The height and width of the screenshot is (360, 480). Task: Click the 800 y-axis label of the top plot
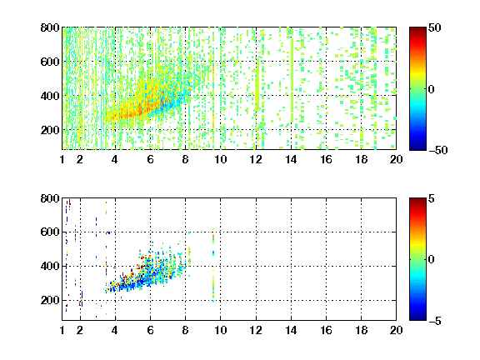click(50, 27)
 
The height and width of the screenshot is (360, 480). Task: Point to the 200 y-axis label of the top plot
click(50, 130)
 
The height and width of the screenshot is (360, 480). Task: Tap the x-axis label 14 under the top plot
click(291, 159)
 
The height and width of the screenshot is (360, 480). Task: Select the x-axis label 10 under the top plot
click(220, 159)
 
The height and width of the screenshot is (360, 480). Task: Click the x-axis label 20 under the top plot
click(396, 159)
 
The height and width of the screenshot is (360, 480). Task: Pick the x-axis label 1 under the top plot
click(62, 159)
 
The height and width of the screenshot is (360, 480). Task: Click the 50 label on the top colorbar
click(435, 27)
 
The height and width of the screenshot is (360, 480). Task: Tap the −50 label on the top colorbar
click(438, 150)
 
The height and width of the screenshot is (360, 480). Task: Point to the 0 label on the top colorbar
click(432, 89)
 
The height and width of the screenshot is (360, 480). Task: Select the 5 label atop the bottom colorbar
click(432, 198)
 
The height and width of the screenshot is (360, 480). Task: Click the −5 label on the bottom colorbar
click(435, 321)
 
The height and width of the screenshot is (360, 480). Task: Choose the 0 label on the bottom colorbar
click(432, 260)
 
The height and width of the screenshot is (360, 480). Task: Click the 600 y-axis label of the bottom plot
click(50, 232)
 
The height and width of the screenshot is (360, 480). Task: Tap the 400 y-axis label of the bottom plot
click(50, 266)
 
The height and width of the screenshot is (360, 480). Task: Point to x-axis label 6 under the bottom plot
click(150, 330)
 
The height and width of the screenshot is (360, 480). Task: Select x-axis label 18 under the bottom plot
click(361, 330)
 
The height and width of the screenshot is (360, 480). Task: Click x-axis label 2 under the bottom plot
click(80, 330)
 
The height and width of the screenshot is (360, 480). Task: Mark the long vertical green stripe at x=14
click(292, 81)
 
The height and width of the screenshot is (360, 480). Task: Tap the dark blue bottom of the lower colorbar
click(417, 317)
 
